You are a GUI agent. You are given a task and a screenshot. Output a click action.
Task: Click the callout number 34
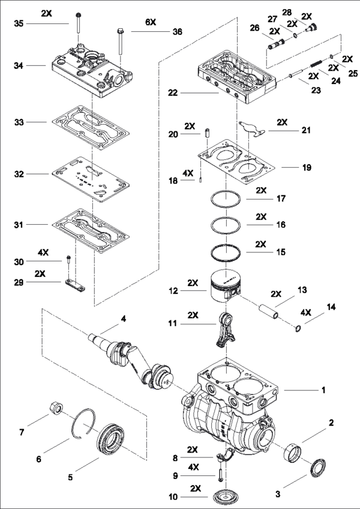19,64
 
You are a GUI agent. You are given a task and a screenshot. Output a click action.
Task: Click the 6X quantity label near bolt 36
150,21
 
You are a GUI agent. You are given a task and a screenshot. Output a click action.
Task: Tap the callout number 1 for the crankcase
323,390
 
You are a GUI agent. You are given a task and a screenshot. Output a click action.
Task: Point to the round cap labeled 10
221,497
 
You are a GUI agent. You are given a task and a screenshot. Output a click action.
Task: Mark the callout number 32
19,173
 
